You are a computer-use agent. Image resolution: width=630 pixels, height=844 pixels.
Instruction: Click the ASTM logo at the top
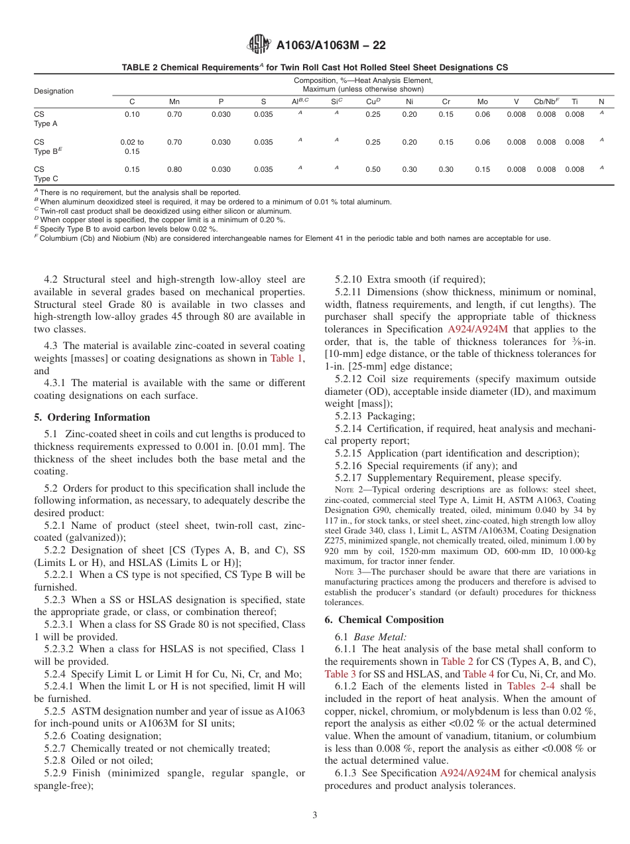click(x=259, y=44)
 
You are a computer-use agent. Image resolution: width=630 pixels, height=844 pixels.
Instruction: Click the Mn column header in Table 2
click(x=174, y=102)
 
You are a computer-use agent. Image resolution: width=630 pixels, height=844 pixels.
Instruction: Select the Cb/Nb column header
click(x=546, y=102)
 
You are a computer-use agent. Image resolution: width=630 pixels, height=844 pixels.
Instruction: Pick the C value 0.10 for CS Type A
click(x=132, y=115)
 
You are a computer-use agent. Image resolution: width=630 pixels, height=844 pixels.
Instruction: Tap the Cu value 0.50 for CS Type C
click(x=373, y=169)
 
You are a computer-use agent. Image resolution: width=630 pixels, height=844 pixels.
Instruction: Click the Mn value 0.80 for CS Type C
click(x=174, y=169)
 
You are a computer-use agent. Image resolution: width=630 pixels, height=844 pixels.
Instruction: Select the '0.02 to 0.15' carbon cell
click(x=132, y=147)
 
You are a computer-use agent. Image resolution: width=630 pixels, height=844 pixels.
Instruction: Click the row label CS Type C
click(x=46, y=174)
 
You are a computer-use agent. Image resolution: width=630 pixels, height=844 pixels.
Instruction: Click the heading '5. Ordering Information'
click(x=92, y=417)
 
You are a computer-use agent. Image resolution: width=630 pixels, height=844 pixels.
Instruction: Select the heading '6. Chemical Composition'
click(x=384, y=620)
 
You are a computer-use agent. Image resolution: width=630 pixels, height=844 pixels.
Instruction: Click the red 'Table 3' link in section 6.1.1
click(x=340, y=673)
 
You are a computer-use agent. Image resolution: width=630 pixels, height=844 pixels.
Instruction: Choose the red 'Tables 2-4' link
click(x=531, y=686)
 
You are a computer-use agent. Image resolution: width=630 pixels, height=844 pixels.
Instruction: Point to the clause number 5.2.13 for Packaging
click(x=348, y=416)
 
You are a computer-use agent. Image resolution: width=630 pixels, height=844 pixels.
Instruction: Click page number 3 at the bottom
click(x=314, y=815)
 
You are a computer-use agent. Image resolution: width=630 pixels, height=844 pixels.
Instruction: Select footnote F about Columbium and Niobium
click(x=292, y=238)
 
